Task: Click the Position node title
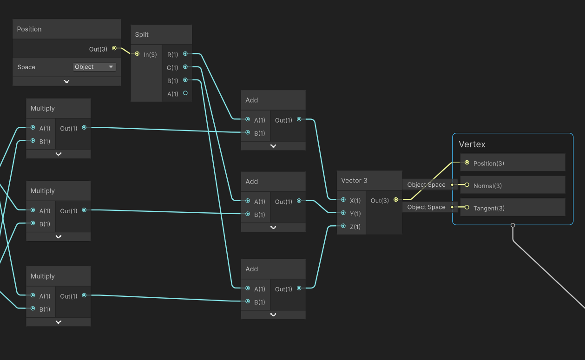[29, 29]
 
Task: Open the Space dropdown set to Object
[94, 67]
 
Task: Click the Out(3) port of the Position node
[114, 48]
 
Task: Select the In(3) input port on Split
[137, 54]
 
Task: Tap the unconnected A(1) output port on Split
[185, 93]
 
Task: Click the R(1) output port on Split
[185, 54]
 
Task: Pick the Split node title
[142, 35]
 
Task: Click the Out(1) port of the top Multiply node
[84, 127]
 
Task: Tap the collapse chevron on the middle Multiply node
[59, 236]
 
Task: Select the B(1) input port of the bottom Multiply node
[33, 308]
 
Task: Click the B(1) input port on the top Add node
[248, 132]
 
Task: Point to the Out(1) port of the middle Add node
[299, 201]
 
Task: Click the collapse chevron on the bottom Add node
[273, 314]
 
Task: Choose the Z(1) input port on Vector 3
[343, 226]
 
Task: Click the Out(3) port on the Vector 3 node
[396, 200]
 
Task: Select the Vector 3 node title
[354, 180]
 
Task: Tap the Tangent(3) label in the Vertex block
[489, 208]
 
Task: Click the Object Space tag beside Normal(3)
[426, 185]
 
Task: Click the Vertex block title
[472, 144]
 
